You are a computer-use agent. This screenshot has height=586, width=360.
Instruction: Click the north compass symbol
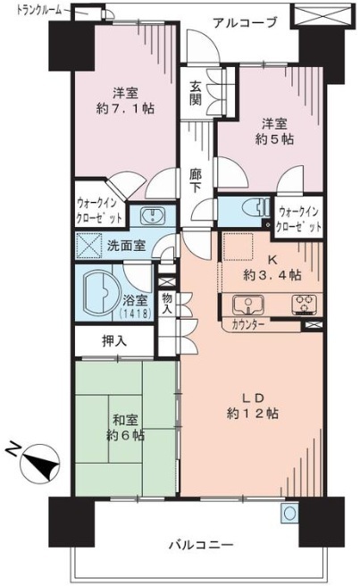pos(40,463)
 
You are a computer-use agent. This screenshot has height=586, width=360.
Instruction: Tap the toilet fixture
pos(255,207)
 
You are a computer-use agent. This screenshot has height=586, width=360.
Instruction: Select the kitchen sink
pos(247,305)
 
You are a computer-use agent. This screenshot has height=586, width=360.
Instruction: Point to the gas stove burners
pos(305,304)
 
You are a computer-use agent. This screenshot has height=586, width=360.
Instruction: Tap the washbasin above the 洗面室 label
pos(152,215)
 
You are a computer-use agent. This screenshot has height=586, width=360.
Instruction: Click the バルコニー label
pos(201,545)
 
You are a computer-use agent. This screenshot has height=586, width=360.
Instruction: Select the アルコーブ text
pos(246,23)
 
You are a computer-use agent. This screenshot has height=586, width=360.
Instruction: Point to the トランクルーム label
pos(39,10)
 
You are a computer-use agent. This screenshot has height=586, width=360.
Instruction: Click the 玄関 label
pos(195,93)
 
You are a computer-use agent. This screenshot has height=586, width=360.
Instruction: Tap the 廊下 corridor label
pos(195,180)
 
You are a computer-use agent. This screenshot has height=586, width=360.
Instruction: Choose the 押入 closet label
pos(114,341)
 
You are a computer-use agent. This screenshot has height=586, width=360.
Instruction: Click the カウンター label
pos(248,324)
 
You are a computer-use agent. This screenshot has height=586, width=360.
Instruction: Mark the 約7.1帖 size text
pos(125,109)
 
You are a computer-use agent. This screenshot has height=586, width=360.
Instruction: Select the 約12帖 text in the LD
pos(252,414)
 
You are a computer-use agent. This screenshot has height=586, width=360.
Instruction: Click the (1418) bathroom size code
pos(135,314)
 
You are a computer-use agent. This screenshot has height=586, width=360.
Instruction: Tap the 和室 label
pos(126,421)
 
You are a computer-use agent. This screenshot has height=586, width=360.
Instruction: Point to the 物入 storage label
pos(167,304)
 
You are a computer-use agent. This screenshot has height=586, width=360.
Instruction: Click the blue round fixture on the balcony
pos(290,513)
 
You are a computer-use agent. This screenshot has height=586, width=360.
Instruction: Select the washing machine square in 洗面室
pos(89,246)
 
